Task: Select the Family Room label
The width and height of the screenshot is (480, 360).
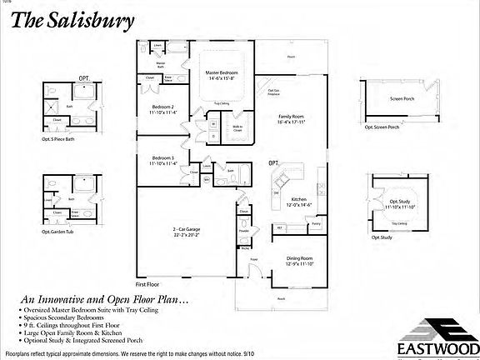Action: (291, 118)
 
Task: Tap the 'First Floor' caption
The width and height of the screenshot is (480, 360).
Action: (147, 284)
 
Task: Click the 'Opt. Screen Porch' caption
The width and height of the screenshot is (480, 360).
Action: (382, 128)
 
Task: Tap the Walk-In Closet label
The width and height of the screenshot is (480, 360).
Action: (237, 128)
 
